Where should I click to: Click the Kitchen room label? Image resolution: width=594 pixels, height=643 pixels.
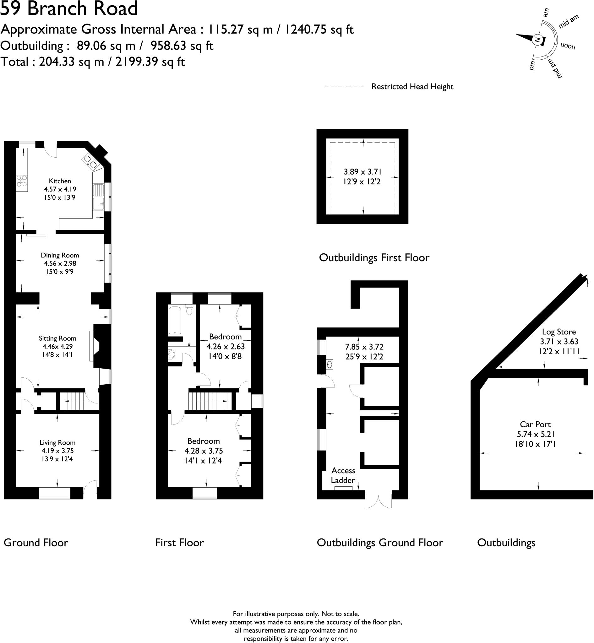click(60, 181)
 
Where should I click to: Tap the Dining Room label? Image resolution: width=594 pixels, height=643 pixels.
click(60, 255)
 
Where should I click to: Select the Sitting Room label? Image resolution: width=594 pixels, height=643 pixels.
click(57, 338)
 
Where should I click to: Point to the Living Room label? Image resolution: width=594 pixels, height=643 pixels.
click(57, 442)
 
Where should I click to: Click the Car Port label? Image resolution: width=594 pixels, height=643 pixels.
click(535, 424)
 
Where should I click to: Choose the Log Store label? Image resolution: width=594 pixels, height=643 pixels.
click(559, 332)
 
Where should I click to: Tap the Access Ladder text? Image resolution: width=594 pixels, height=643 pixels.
click(343, 475)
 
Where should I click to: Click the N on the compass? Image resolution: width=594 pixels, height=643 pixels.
click(537, 40)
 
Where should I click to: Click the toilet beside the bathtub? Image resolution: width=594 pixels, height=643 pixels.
click(189, 310)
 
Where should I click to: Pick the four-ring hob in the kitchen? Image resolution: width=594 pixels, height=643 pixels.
click(22, 181)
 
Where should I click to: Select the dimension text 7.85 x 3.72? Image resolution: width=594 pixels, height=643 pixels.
click(364, 347)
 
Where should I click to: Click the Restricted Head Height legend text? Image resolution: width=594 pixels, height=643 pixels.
click(412, 86)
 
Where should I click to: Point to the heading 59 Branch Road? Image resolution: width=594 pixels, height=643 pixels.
click(69, 8)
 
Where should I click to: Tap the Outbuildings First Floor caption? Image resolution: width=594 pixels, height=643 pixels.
click(374, 258)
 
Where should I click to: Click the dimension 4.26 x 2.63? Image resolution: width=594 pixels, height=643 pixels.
click(226, 346)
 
